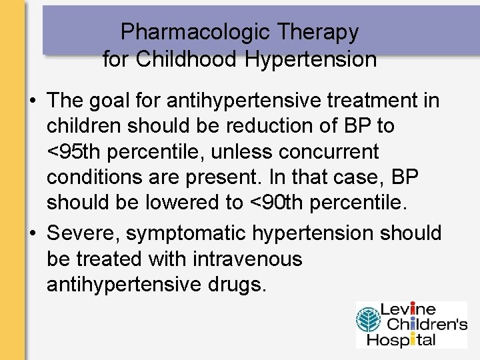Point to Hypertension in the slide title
(x=311, y=59)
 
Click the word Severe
(x=83, y=233)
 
